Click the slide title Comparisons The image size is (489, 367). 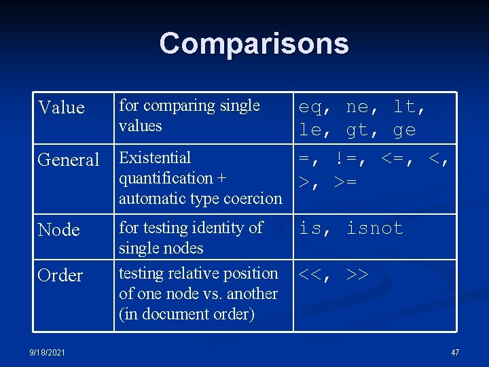(x=254, y=43)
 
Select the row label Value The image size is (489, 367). (x=61, y=107)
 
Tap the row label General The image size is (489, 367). (x=69, y=160)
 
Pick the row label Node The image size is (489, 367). (x=59, y=230)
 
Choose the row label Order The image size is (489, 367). (x=60, y=275)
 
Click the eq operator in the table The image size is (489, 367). (x=311, y=107)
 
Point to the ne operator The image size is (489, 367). (x=358, y=107)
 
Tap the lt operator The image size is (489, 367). (x=405, y=107)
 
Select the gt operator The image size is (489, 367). (x=358, y=130)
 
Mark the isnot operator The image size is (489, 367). (x=375, y=228)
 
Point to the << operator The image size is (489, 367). (x=311, y=275)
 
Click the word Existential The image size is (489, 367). (x=155, y=158)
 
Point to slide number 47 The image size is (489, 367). (x=455, y=352)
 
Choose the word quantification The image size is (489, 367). (x=161, y=178)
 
